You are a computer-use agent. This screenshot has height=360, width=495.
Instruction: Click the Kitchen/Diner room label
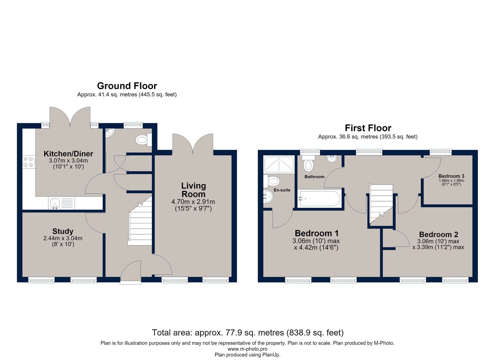[68, 154]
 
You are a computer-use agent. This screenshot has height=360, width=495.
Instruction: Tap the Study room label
[63, 231]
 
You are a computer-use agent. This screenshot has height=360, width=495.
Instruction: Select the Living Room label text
[194, 190]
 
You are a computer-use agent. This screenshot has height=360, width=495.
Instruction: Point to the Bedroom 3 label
[451, 176]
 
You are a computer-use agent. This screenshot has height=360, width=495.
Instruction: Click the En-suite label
[282, 190]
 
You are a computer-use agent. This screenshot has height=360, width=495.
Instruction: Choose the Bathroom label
[314, 177]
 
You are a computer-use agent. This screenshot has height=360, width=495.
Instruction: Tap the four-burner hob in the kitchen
[29, 162]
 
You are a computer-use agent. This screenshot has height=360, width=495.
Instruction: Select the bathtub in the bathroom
[319, 199]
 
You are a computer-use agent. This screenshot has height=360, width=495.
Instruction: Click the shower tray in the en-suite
[279, 164]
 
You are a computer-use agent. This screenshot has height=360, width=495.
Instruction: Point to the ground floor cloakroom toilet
[144, 140]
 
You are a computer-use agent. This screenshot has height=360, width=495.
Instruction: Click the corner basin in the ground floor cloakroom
[109, 133]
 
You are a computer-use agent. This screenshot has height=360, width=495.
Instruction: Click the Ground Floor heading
[127, 86]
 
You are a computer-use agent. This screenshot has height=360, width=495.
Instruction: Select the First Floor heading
[368, 128]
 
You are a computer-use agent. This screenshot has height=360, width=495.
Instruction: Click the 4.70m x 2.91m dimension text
[193, 202]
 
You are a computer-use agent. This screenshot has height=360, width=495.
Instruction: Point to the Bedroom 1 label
[316, 233]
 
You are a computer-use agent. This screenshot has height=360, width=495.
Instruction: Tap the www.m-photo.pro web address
[247, 349]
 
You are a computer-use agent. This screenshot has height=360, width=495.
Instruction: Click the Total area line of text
[248, 332]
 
